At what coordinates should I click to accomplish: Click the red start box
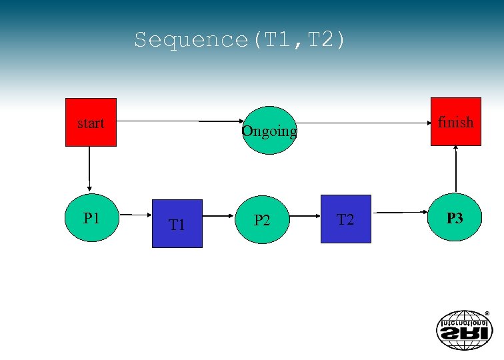click(x=91, y=122)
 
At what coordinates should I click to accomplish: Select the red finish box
click(x=456, y=121)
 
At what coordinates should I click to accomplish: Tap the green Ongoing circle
click(x=268, y=130)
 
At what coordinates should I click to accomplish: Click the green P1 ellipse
click(x=91, y=218)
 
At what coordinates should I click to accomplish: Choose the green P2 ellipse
click(x=262, y=219)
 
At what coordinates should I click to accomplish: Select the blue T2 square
click(x=345, y=219)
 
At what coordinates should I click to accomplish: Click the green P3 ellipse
click(x=455, y=217)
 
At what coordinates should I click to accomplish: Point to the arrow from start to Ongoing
click(x=180, y=122)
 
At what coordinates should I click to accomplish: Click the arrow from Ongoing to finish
click(x=363, y=123)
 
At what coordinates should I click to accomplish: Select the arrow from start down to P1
click(x=89, y=170)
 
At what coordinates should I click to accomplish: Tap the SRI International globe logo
click(x=462, y=329)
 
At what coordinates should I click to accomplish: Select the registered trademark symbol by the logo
click(x=487, y=313)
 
